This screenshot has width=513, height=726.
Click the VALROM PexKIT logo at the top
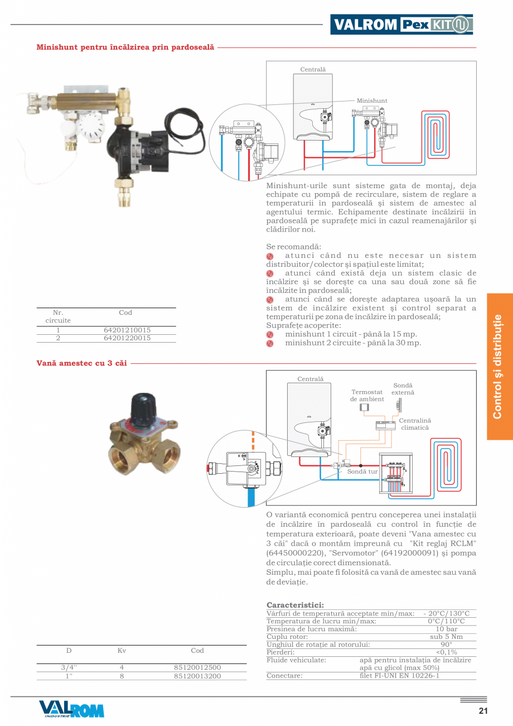[x=401, y=25]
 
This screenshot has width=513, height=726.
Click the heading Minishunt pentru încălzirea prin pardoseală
[x=125, y=47]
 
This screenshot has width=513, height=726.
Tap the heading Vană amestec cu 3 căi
[x=81, y=363]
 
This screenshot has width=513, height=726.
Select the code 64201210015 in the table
[x=127, y=330]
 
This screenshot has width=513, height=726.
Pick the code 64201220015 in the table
[x=127, y=338]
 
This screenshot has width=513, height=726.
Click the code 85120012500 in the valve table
[x=197, y=667]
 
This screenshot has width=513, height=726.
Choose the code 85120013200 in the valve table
[x=197, y=676]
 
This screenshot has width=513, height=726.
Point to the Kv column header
[x=122, y=651]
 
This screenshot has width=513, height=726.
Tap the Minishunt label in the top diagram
[x=372, y=101]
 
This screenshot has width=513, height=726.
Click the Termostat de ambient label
[x=367, y=396]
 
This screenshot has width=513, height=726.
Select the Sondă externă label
[x=403, y=389]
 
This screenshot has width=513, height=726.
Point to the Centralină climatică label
[x=415, y=424]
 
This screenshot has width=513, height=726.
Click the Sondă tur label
[x=362, y=472]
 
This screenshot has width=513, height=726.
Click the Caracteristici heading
[x=295, y=605]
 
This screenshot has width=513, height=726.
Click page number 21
[x=483, y=711]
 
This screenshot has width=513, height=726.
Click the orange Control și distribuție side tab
[x=499, y=367]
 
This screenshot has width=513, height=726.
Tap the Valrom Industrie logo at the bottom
[x=71, y=709]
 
